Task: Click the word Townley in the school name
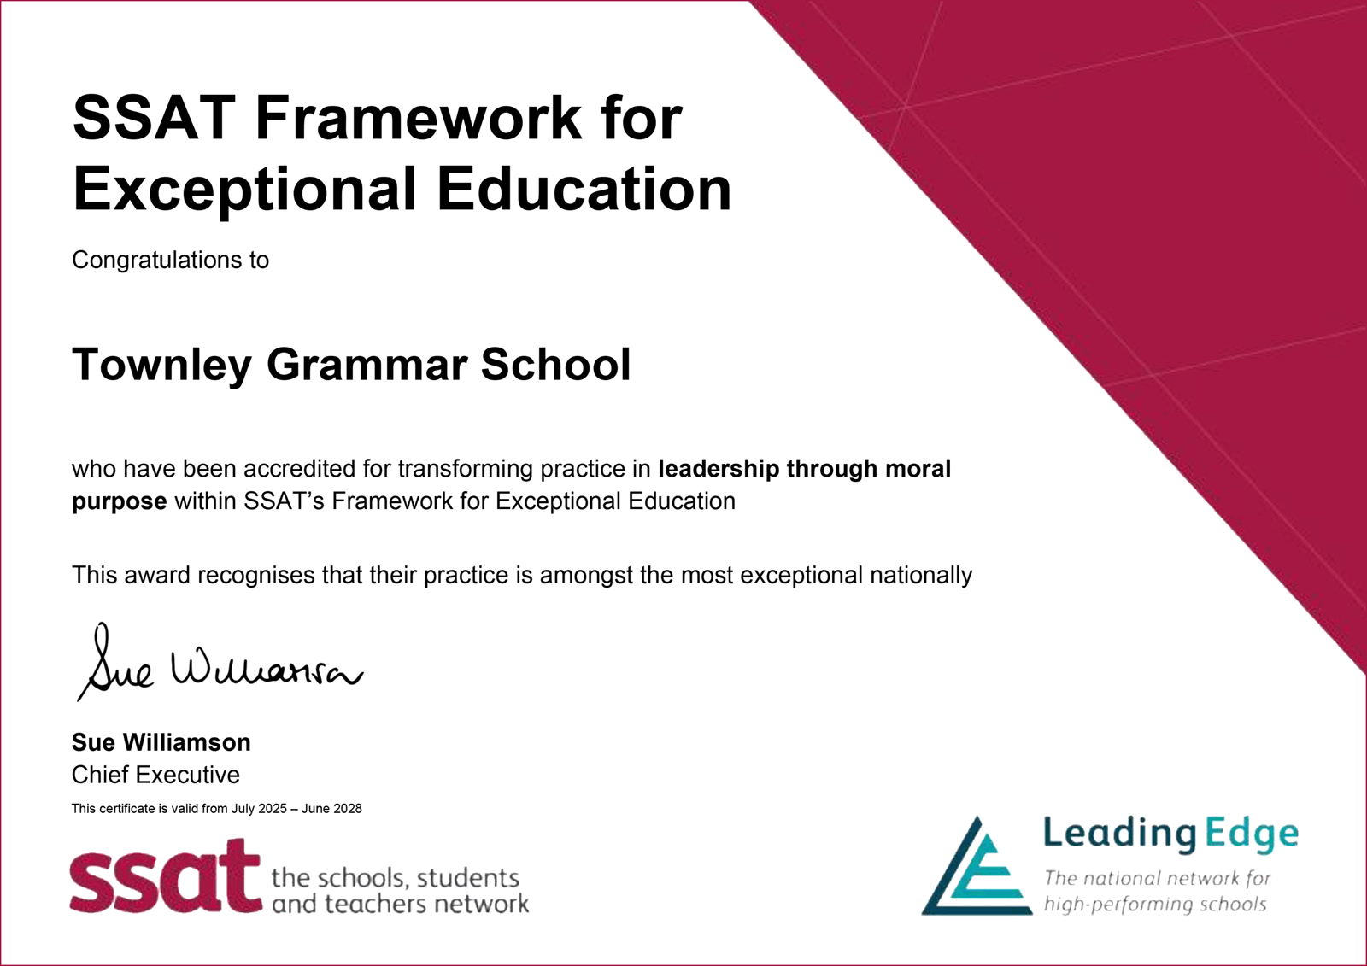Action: [x=162, y=366]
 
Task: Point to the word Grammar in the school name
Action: [x=367, y=366]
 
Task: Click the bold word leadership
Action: [x=719, y=470]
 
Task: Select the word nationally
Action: [x=921, y=576]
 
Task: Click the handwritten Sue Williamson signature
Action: [x=220, y=662]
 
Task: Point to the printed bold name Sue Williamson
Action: [x=161, y=743]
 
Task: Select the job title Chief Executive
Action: [x=155, y=775]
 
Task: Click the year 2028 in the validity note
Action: [x=348, y=809]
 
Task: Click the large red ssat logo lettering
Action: [x=165, y=876]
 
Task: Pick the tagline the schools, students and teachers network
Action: [x=401, y=891]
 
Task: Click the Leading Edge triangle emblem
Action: [x=977, y=866]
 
